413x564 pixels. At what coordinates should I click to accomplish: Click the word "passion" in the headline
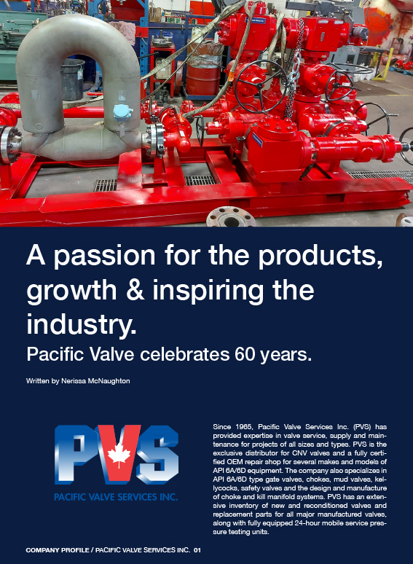(104, 256)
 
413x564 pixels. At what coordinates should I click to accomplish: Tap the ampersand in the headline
(135, 290)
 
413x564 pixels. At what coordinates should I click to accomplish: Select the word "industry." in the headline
(82, 324)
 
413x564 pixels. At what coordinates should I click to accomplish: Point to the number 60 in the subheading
(244, 354)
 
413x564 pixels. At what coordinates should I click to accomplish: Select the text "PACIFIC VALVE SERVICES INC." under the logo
(116, 498)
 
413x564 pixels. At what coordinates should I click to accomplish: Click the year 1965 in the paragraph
(245, 427)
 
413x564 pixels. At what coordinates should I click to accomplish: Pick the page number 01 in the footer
(197, 550)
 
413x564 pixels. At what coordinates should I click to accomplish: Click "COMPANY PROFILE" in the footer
(58, 550)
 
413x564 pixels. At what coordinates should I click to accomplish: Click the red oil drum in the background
(203, 76)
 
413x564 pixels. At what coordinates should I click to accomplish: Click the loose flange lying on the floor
(230, 218)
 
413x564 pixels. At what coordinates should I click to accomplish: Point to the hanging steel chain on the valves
(295, 72)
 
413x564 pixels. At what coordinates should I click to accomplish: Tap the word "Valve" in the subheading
(111, 354)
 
